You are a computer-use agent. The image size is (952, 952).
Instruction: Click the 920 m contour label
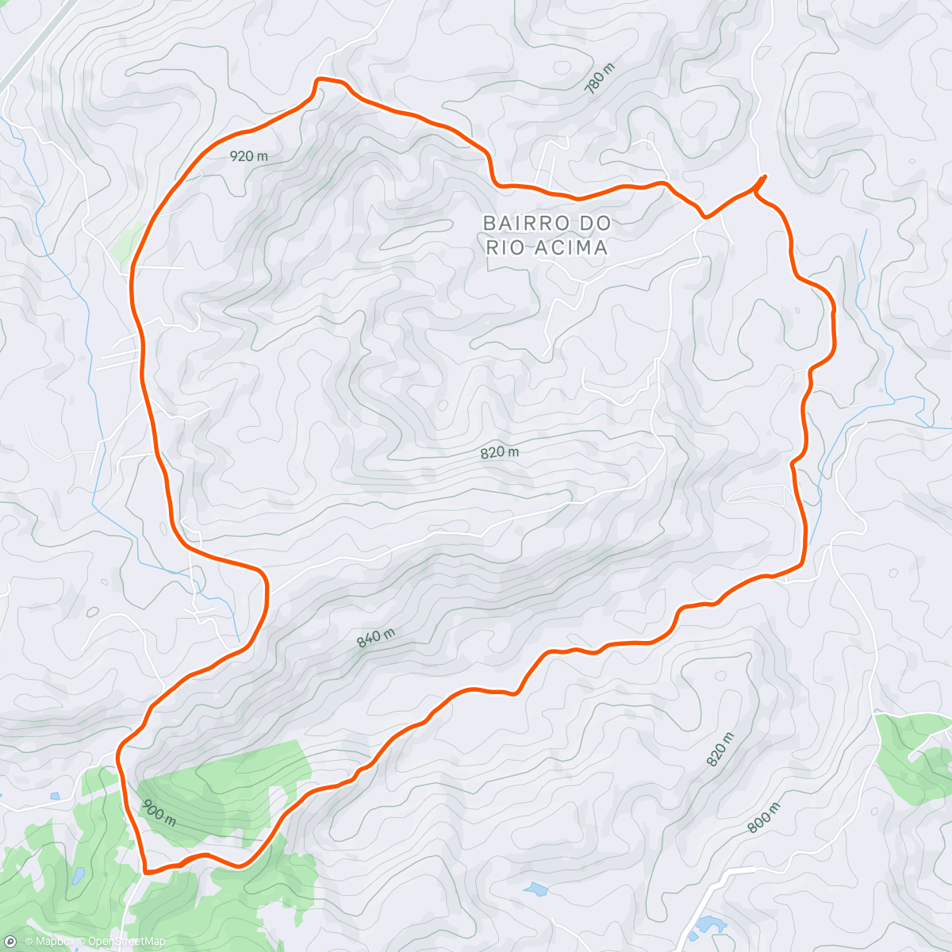[248, 156]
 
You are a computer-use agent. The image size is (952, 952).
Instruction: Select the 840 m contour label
[375, 638]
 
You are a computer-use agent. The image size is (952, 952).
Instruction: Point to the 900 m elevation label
[159, 812]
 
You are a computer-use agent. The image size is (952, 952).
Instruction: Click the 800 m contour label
[764, 817]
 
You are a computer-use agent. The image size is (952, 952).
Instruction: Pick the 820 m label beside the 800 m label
[720, 749]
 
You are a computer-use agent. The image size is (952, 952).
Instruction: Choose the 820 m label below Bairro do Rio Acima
[499, 452]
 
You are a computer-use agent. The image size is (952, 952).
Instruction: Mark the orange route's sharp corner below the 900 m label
[146, 870]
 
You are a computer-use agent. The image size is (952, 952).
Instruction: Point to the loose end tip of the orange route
[765, 175]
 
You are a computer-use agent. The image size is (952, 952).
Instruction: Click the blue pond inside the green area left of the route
[78, 876]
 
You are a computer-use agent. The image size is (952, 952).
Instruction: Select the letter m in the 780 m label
[609, 69]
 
